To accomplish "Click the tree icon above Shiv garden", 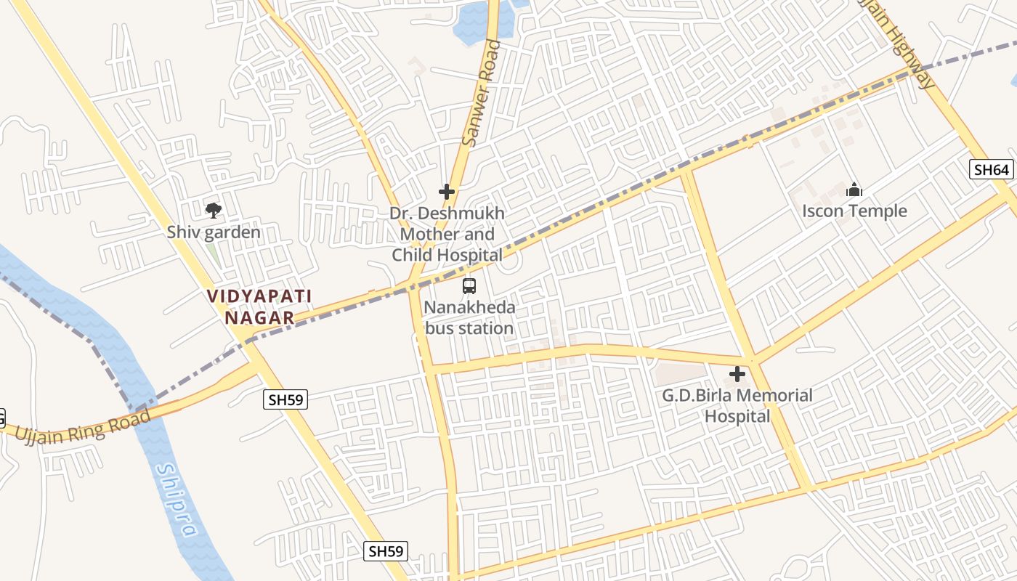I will [213, 211].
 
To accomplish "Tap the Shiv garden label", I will [214, 232].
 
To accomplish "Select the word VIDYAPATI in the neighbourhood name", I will [259, 296].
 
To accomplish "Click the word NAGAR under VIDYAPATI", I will [259, 317].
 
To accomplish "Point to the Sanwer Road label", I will [481, 93].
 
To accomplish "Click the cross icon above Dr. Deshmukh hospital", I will [447, 192].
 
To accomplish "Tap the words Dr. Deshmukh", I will [447, 214].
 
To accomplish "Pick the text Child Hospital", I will [447, 255].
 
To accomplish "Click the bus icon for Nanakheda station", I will [469, 286].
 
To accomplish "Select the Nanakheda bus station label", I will [469, 317].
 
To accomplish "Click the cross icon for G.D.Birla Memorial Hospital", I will [737, 375].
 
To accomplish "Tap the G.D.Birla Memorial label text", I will [737, 396].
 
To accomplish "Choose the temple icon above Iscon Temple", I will [854, 190].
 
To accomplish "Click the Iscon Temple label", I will [854, 211].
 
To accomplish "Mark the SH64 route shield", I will [992, 170].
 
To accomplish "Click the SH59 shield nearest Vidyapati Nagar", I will [286, 399].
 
